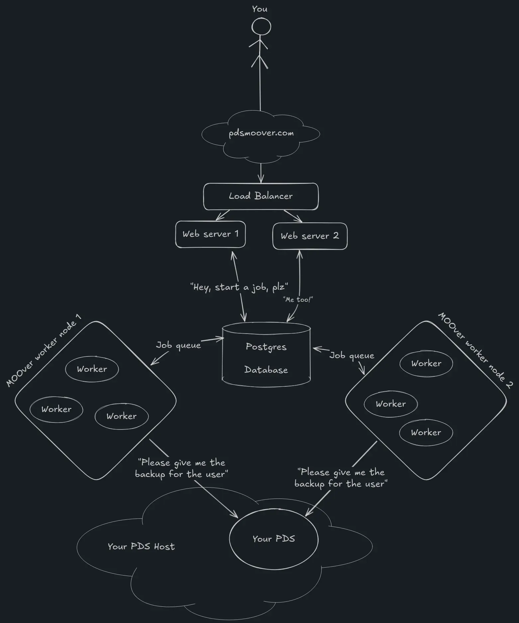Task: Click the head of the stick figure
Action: pos(261,27)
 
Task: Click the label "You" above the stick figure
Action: pos(259,9)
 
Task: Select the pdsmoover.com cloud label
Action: pos(261,133)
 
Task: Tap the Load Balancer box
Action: pos(261,196)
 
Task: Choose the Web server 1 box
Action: pos(210,234)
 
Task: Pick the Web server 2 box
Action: pos(310,236)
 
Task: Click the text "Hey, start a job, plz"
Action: pos(239,287)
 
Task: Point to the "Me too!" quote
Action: pos(298,300)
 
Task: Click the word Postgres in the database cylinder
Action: pos(266,347)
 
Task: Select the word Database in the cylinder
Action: pos(266,370)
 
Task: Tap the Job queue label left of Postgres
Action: pos(178,345)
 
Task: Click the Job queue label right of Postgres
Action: pos(352,355)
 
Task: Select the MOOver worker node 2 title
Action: pos(475,350)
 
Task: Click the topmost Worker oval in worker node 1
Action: pos(92,369)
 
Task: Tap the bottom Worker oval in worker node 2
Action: pos(426,432)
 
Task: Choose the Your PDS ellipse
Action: pos(273,539)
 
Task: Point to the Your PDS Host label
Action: pos(141,547)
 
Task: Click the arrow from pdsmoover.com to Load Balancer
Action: pos(261,173)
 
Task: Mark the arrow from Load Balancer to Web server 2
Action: pos(293,216)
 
